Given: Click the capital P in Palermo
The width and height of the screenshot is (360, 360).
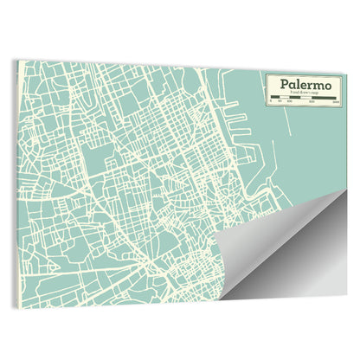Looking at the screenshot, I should [283, 84].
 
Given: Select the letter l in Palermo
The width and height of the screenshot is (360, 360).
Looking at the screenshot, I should [298, 84].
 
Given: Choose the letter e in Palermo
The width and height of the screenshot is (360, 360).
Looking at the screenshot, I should [303, 85].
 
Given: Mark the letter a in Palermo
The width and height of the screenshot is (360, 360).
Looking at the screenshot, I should [292, 85].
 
